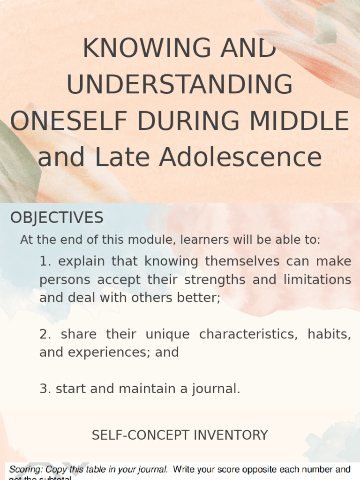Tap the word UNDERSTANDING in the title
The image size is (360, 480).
(180, 85)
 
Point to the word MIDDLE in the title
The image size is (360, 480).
(300, 121)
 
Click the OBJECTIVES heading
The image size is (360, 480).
(57, 217)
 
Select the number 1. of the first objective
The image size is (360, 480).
(45, 261)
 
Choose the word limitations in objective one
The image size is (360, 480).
(317, 279)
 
